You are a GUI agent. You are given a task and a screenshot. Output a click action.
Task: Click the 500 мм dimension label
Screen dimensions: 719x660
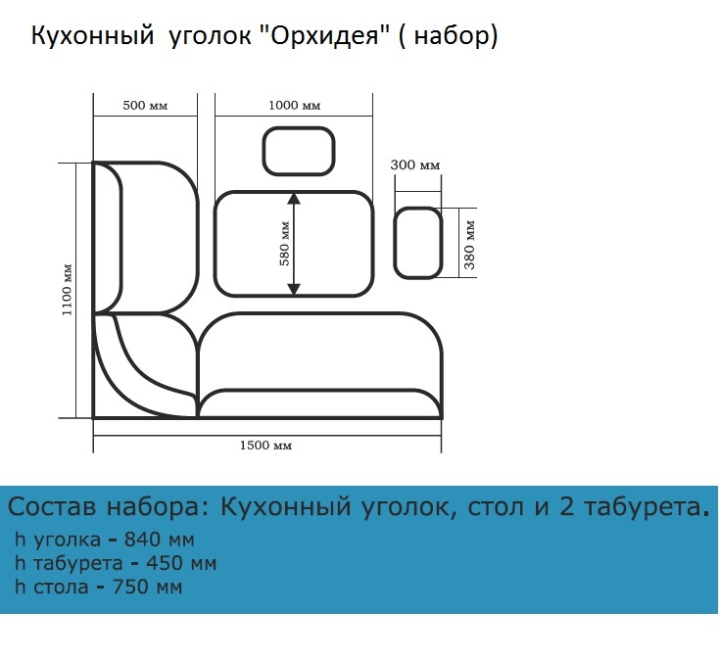tap(145, 106)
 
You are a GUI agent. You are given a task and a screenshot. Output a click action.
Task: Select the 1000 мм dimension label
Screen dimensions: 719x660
tap(295, 106)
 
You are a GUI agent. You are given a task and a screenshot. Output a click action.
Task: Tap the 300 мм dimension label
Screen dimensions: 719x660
tap(415, 165)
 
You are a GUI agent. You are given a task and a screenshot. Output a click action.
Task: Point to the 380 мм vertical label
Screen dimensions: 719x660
tap(469, 245)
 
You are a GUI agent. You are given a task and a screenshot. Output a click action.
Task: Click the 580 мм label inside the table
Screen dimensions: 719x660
tap(285, 244)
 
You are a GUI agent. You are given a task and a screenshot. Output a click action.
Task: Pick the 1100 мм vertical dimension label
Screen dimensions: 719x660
tap(67, 290)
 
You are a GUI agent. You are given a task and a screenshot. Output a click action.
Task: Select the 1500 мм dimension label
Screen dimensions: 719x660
tap(266, 445)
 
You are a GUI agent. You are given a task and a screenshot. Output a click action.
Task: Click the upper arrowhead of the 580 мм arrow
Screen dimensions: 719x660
tap(294, 199)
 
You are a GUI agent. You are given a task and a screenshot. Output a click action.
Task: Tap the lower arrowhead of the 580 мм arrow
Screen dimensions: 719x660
tap(294, 289)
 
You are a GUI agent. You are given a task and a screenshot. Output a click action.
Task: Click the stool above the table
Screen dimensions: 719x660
tap(299, 151)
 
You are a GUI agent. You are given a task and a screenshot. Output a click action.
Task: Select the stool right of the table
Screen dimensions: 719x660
tap(417, 243)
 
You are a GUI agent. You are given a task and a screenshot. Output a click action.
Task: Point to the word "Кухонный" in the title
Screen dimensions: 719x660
tap(92, 36)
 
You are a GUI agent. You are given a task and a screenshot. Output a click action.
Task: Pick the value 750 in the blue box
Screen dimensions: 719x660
tap(128, 587)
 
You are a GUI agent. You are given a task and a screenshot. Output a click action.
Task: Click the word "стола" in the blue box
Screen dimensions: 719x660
tap(61, 588)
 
